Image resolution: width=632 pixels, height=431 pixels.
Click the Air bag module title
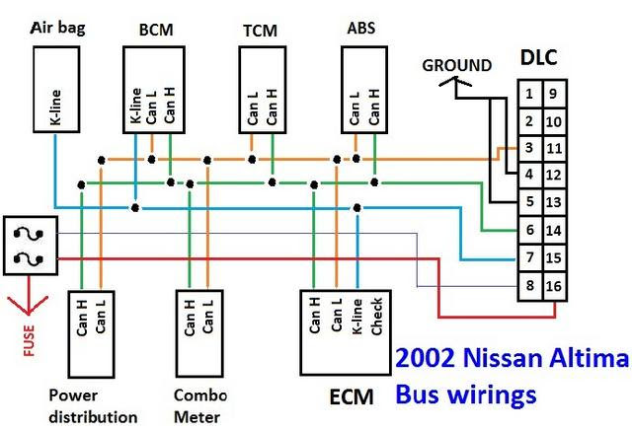[58, 29]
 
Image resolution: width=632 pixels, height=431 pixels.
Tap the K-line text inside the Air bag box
[55, 108]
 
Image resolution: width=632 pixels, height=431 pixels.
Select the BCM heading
[156, 30]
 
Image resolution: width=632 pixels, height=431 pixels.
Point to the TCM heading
[260, 31]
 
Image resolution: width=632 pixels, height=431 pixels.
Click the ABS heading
[361, 28]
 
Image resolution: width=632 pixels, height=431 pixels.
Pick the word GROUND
[456, 65]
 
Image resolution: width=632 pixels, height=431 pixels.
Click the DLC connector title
[539, 57]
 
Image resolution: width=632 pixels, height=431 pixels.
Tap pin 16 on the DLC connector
[554, 286]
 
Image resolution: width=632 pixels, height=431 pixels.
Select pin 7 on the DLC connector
[529, 257]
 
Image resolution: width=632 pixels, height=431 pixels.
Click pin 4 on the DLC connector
[529, 175]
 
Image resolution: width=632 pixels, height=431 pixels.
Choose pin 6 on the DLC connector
[529, 230]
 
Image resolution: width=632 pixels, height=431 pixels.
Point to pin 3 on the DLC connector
[529, 148]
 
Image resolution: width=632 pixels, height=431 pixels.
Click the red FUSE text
[29, 340]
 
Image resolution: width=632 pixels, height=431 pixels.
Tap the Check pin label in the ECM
[376, 317]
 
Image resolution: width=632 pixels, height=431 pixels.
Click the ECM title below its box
[352, 396]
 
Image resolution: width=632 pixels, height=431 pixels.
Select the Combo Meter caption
[199, 406]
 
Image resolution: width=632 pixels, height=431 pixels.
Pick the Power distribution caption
[93, 406]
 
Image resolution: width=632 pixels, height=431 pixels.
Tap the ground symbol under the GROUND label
[455, 83]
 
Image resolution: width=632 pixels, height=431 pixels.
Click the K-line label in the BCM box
[136, 106]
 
